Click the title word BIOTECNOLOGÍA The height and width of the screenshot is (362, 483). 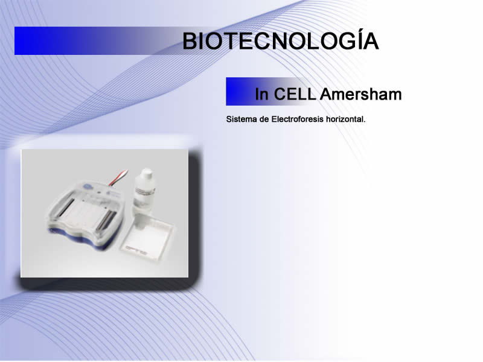tap(281, 40)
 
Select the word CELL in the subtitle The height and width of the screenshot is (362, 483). tap(295, 94)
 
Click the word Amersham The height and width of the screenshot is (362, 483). tap(360, 94)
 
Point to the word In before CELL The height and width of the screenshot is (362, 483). tap(261, 94)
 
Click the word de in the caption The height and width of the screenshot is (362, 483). tap(264, 119)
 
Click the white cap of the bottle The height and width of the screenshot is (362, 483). tap(146, 173)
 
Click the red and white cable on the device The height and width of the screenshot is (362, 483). tap(118, 178)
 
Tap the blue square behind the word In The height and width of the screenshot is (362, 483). tap(238, 92)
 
